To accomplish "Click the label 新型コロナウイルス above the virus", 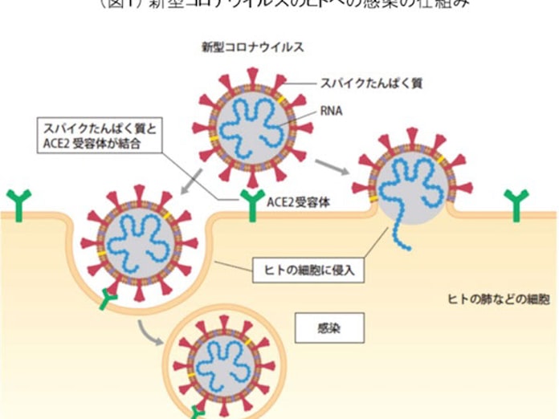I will (252, 47).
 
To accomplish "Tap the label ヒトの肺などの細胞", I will (499, 299).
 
